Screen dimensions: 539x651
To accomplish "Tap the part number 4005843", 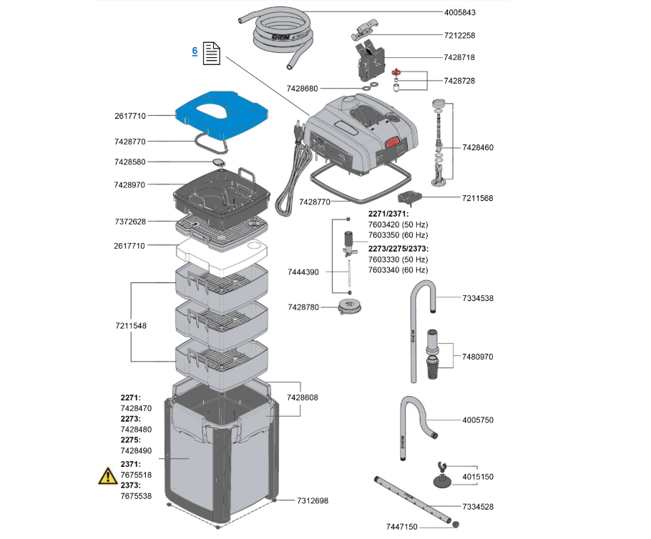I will click(460, 12).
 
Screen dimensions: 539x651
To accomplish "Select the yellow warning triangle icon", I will click(108, 475).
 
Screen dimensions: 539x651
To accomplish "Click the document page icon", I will click(211, 53).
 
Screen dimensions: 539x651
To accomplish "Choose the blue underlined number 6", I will click(195, 51).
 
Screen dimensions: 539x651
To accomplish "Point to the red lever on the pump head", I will click(393, 142).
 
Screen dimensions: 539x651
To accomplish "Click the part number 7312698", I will click(313, 500).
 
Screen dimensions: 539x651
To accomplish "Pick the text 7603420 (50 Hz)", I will click(398, 224).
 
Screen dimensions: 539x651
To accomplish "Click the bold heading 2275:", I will click(131, 440).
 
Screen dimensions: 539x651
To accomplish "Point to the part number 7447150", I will click(401, 526).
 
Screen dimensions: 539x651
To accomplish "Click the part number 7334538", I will click(478, 297).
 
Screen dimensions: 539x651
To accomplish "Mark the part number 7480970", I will click(478, 356).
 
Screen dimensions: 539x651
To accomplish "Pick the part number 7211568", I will click(478, 198).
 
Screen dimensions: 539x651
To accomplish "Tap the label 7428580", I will click(129, 162).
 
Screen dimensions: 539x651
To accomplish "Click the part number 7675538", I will click(136, 495).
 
